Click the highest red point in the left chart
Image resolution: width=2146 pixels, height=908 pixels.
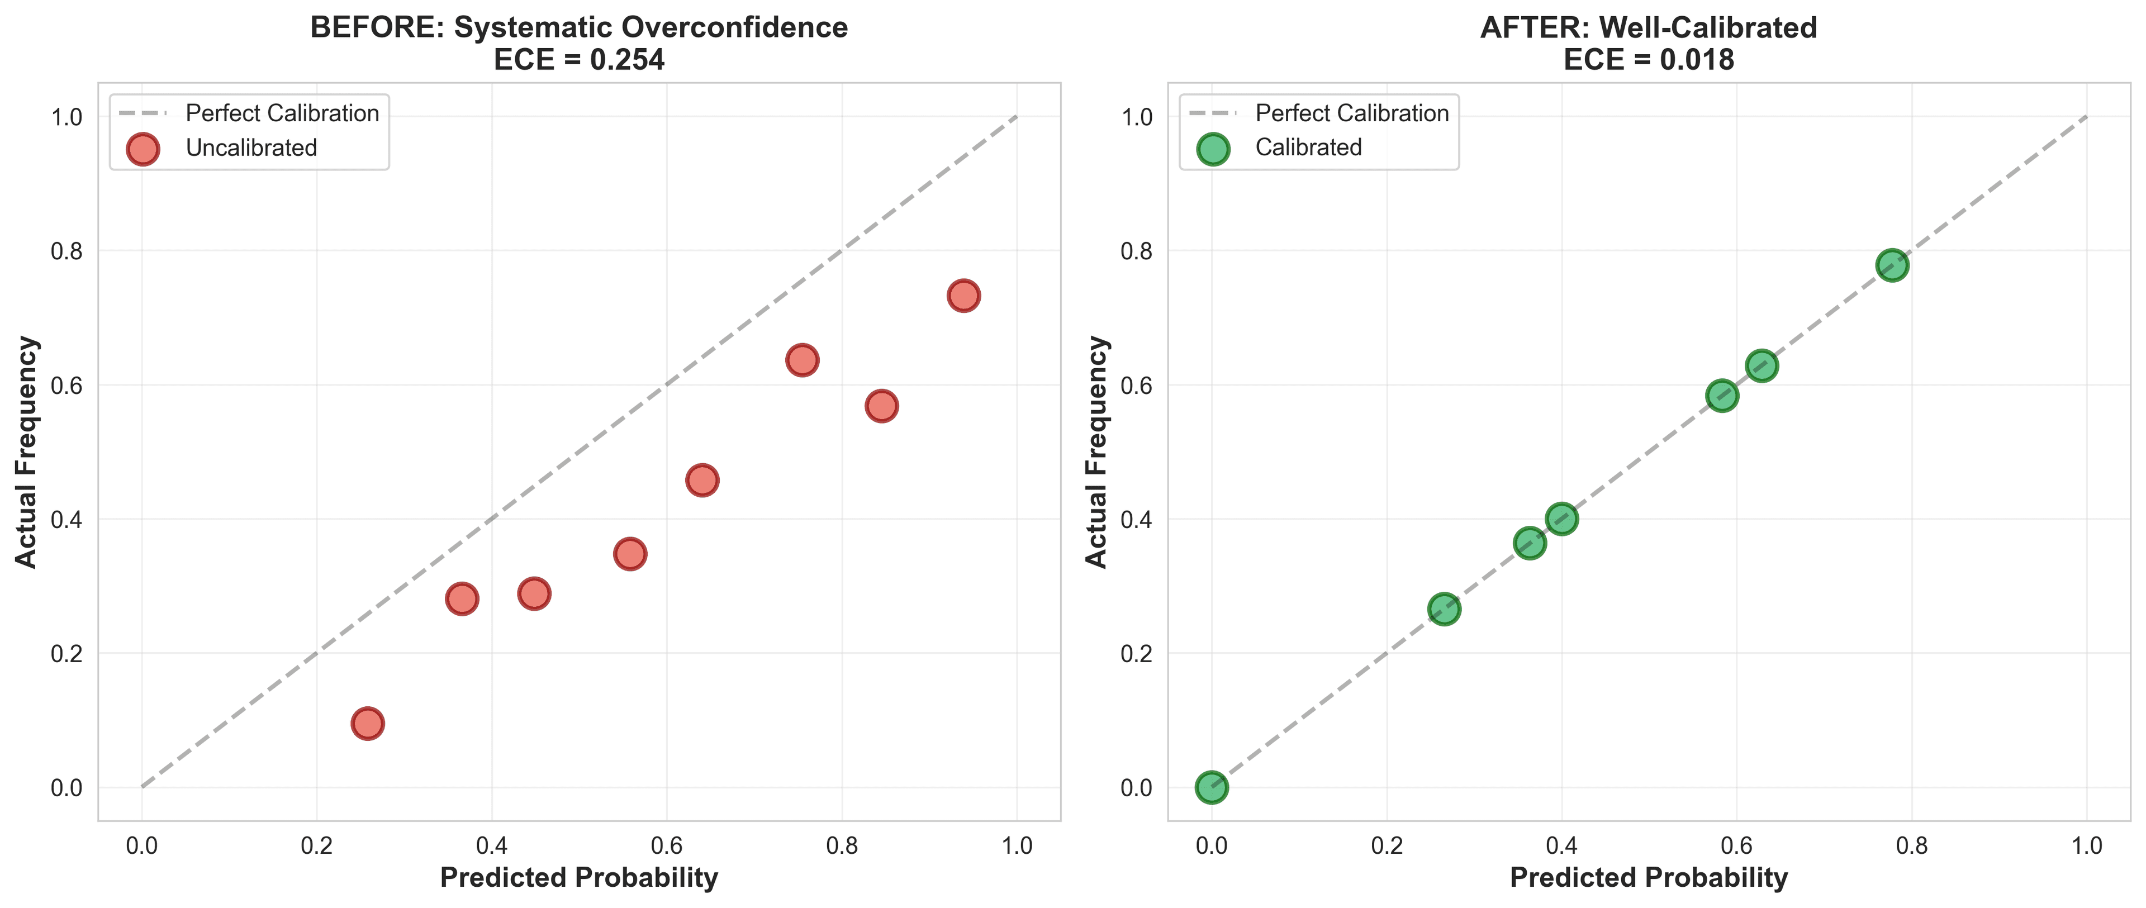[963, 296]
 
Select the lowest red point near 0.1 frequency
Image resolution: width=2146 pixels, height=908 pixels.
[367, 723]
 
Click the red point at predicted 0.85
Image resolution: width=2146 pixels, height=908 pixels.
[881, 406]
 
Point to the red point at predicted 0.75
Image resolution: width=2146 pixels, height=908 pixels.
[801, 360]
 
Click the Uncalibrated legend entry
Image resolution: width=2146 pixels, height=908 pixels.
[251, 148]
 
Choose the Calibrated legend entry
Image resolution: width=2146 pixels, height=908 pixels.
[1308, 148]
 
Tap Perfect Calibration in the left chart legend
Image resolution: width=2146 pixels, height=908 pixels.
[282, 113]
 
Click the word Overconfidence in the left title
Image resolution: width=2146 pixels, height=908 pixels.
[734, 27]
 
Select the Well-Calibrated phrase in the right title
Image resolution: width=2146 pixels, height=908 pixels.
[1708, 27]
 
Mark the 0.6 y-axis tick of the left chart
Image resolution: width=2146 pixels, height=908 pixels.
[67, 385]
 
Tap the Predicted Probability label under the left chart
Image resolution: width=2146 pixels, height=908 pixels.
[578, 877]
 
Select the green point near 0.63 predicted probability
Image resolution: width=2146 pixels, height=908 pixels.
[1761, 365]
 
